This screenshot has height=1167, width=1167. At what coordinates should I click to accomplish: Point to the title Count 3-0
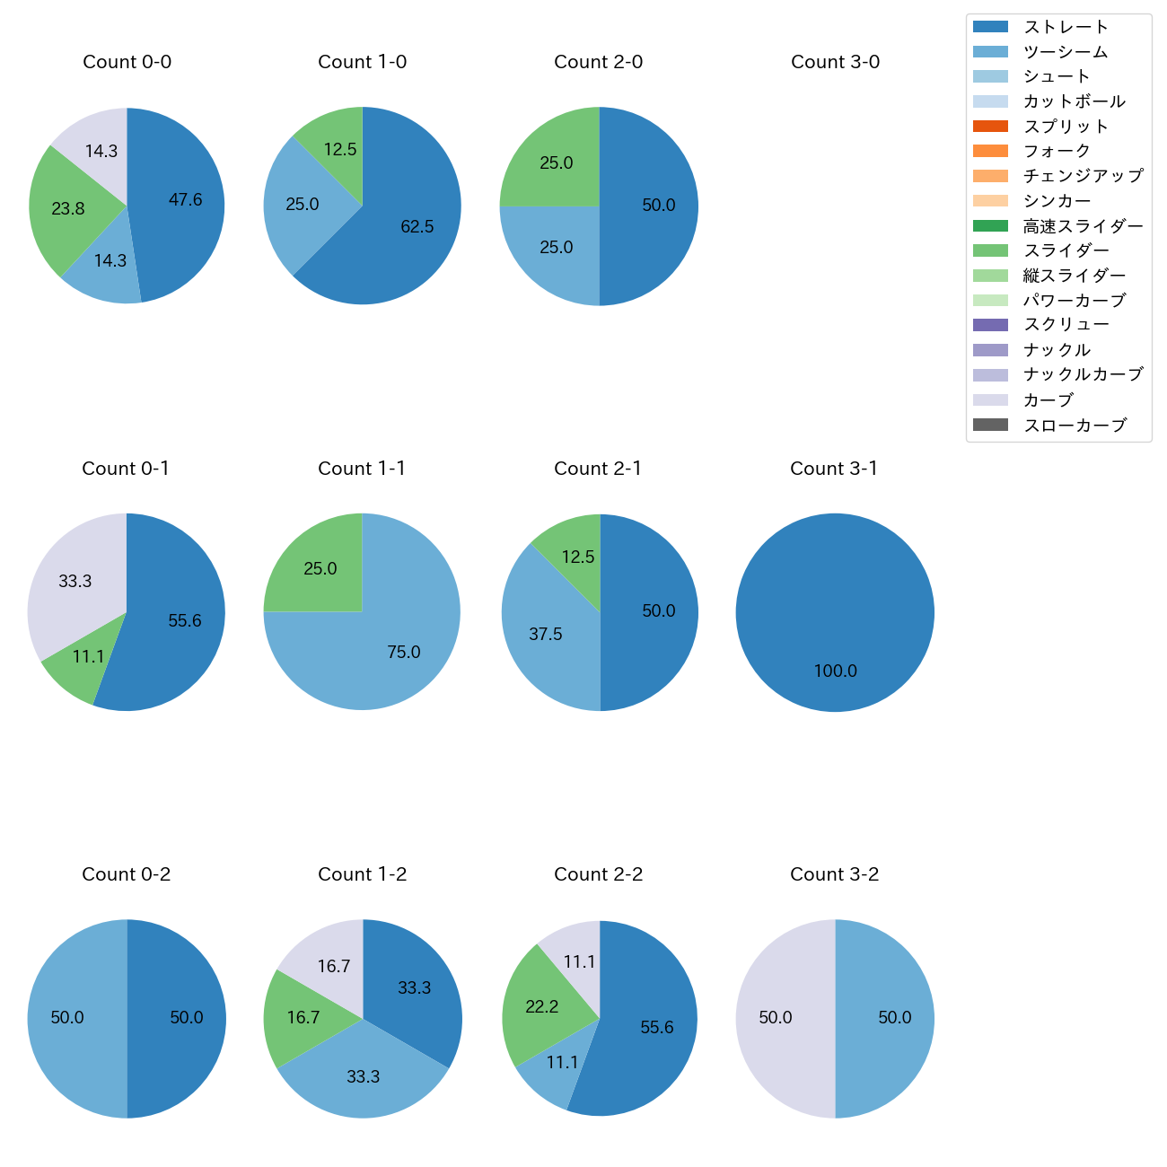pos(835,62)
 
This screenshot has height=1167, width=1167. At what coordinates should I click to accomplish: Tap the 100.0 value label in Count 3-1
pos(835,671)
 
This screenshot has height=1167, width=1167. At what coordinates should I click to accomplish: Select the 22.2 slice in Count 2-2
pos(540,1005)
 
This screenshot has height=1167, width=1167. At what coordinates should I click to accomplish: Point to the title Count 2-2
pos(599,874)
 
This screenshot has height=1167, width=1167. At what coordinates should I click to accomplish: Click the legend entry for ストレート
pos(1066,27)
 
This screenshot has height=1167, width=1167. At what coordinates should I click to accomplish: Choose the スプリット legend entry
pos(1066,127)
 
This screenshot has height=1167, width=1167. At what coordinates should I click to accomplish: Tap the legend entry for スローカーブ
pos(1075,426)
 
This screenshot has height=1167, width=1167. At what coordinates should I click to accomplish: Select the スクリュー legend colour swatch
pos(990,325)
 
